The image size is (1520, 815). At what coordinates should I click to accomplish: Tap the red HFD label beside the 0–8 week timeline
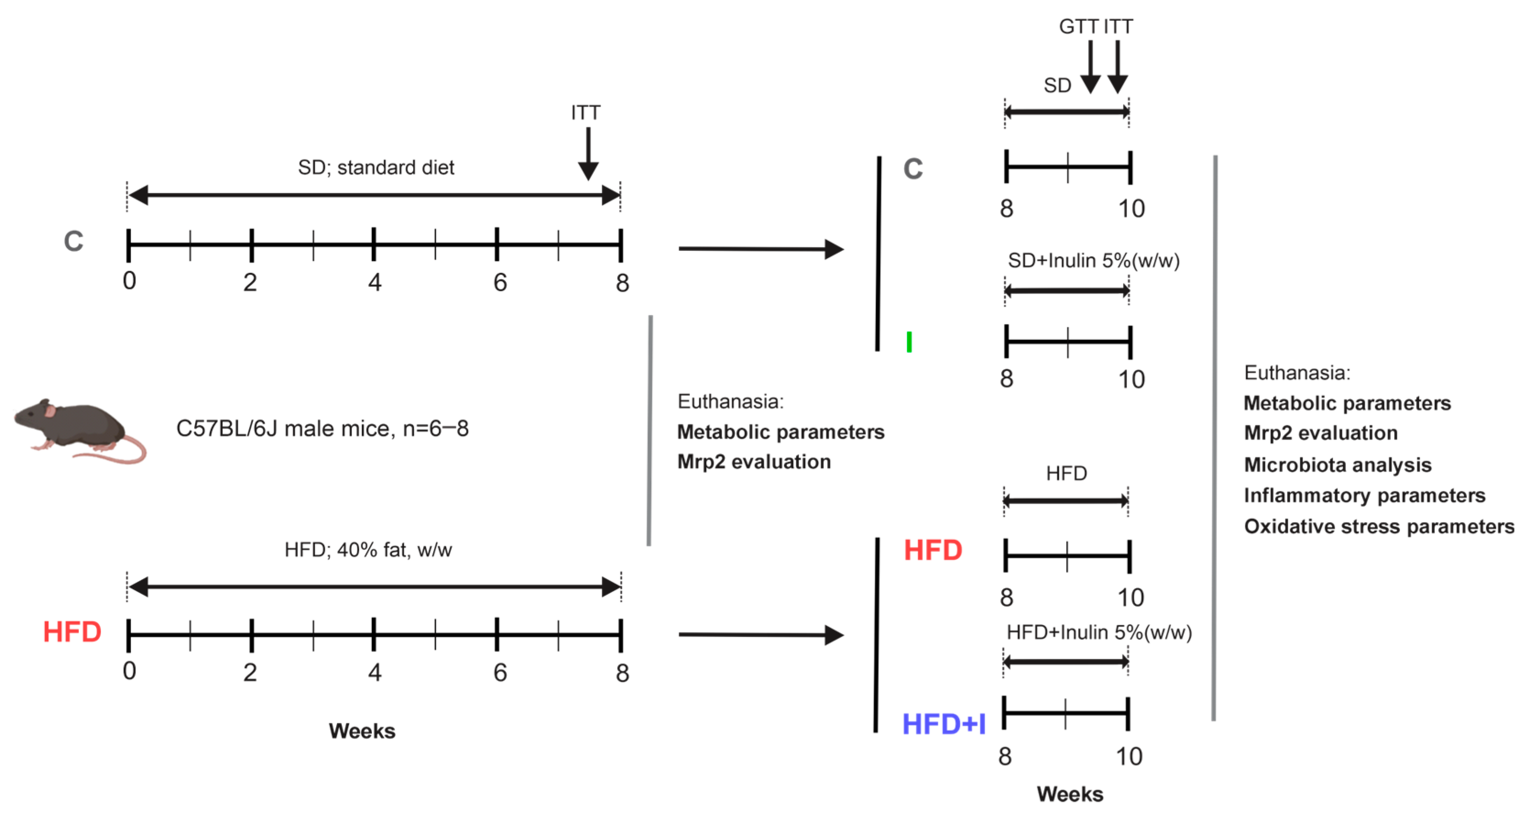(72, 631)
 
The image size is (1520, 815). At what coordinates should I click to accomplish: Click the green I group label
(909, 342)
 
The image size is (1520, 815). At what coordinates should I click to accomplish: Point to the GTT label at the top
(1078, 27)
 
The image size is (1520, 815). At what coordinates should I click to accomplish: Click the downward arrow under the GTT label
(1090, 67)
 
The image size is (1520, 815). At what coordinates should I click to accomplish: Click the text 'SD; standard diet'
(376, 168)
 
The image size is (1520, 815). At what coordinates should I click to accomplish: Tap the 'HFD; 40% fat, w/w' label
(368, 549)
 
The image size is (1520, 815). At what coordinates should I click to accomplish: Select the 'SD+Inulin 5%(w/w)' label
(1093, 260)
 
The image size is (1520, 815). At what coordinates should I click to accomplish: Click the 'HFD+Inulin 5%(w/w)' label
(1099, 632)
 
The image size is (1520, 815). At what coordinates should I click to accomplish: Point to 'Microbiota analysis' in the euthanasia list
(1338, 465)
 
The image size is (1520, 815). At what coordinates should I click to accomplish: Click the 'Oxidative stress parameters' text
(1379, 526)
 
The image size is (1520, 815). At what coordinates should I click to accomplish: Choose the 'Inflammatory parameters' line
(1364, 495)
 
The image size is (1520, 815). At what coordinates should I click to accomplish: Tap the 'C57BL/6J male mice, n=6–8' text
(322, 428)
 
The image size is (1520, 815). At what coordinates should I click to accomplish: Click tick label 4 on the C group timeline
(375, 283)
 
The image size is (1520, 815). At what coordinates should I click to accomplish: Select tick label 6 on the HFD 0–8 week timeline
(500, 672)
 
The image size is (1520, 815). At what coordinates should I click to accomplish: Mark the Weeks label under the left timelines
(362, 731)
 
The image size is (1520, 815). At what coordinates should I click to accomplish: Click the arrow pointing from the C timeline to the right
(761, 249)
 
